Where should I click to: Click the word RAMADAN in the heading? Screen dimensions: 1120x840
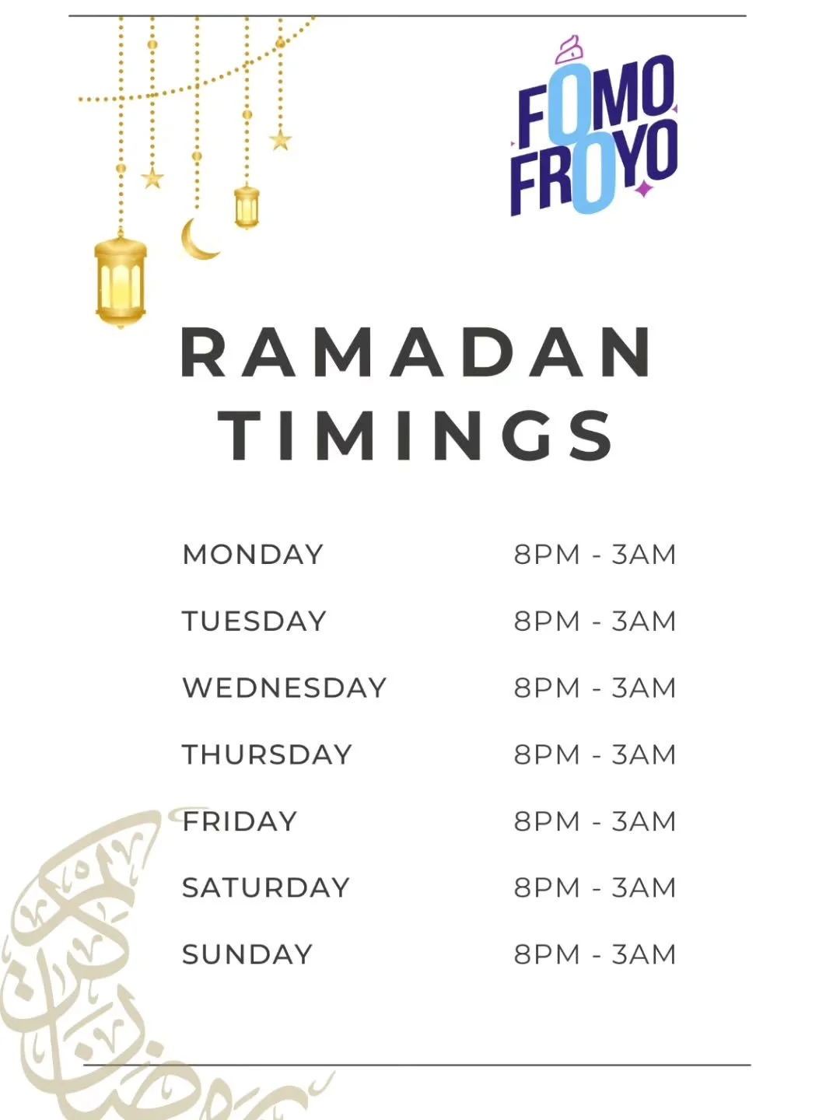pos(417,353)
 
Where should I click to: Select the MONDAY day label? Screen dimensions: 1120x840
pos(253,555)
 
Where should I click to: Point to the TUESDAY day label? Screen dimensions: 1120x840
pos(254,621)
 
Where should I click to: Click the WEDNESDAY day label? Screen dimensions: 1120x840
pos(285,688)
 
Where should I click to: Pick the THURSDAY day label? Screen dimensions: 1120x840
pos(268,754)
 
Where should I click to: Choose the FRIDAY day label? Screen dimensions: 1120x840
pos(240,821)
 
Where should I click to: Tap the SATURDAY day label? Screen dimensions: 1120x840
pos(266,887)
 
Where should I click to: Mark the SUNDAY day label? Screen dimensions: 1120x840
pos(247,954)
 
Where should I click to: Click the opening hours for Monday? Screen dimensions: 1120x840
pos(595,555)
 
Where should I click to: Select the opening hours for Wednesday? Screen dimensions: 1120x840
pos(595,688)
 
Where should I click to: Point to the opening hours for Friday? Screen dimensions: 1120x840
pos(595,821)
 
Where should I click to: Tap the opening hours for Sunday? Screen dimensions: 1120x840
pos(595,954)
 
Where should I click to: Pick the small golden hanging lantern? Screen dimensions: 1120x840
pos(247,207)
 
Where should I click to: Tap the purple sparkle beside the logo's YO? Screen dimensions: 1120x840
pos(643,188)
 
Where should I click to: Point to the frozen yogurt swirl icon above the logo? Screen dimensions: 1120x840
pos(569,49)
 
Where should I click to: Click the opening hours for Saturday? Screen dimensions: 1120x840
pos(595,887)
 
